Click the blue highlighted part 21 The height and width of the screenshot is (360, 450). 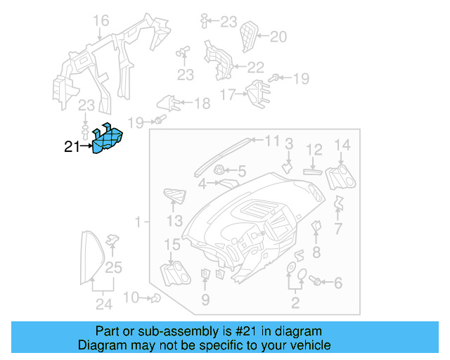(108, 139)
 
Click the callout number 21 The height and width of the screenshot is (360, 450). (72, 147)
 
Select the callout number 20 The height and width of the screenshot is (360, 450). (278, 37)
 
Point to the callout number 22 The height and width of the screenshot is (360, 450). (255, 67)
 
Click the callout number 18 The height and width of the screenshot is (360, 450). (202, 104)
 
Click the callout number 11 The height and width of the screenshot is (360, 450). (272, 141)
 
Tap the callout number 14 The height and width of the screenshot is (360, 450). (342, 146)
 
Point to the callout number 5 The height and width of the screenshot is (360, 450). (242, 171)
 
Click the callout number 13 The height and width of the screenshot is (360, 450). (175, 221)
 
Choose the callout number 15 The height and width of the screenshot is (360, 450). (172, 245)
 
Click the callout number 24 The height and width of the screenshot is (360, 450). (104, 304)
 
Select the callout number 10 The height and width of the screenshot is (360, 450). (131, 297)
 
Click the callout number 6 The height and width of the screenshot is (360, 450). (338, 283)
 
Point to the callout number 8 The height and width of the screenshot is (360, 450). (316, 252)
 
